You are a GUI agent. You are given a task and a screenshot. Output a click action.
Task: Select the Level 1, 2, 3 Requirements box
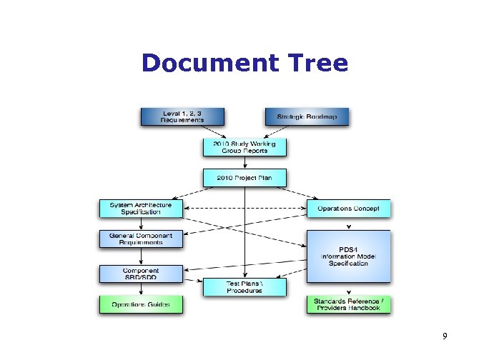tap(182, 116)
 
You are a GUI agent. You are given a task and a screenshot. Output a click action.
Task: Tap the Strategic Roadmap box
tap(307, 116)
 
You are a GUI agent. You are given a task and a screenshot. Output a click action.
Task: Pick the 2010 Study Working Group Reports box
tap(245, 147)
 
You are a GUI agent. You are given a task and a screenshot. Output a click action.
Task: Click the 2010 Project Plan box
tap(245, 177)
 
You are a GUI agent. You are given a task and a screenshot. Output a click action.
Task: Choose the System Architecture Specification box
tap(141, 209)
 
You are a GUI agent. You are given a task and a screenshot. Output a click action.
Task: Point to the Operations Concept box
tap(350, 209)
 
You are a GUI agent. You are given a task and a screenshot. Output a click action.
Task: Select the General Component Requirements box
tap(141, 239)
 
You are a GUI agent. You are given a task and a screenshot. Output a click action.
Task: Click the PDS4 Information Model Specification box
tap(350, 256)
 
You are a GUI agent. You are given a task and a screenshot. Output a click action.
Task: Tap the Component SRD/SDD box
tap(141, 274)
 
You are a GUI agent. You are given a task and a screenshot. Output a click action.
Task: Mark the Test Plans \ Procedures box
tap(245, 287)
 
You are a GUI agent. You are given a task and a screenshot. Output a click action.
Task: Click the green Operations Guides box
tap(141, 304)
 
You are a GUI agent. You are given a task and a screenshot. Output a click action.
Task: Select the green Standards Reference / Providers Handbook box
tap(350, 304)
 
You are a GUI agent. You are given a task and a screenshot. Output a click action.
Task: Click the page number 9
tap(445, 336)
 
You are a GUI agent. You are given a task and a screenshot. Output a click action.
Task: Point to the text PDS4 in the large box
tap(350, 248)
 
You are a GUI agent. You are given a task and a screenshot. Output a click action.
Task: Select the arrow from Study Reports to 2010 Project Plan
tap(245, 163)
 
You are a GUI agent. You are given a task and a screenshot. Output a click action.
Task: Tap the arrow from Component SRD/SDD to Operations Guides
tap(141, 289)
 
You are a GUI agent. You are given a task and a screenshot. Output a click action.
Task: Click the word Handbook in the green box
tap(365, 308)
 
